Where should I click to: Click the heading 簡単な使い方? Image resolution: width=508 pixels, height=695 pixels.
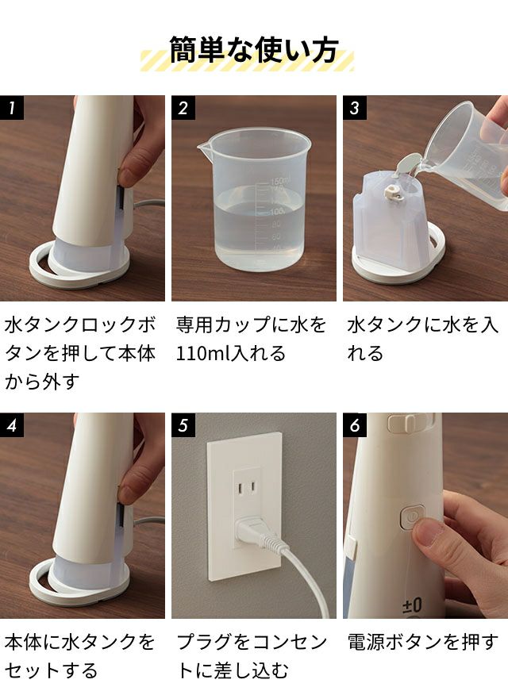(253, 49)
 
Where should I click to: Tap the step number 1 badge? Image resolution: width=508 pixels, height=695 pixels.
(12, 107)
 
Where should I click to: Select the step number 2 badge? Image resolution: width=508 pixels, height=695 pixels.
(183, 107)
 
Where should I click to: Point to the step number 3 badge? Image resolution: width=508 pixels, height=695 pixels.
(355, 107)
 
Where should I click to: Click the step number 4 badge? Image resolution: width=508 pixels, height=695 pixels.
(12, 425)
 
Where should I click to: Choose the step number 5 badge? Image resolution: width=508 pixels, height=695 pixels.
(183, 425)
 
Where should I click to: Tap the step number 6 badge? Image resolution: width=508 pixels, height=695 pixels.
(355, 425)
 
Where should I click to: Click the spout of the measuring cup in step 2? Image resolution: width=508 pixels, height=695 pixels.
(203, 144)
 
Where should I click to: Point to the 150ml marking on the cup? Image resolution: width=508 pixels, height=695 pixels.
(279, 181)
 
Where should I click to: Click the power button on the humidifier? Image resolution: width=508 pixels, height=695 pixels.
(412, 516)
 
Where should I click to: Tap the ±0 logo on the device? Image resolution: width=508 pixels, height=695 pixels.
(412, 605)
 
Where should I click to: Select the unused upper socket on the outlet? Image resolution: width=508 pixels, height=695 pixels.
(246, 489)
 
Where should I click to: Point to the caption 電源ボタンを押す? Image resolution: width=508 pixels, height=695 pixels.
(423, 643)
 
